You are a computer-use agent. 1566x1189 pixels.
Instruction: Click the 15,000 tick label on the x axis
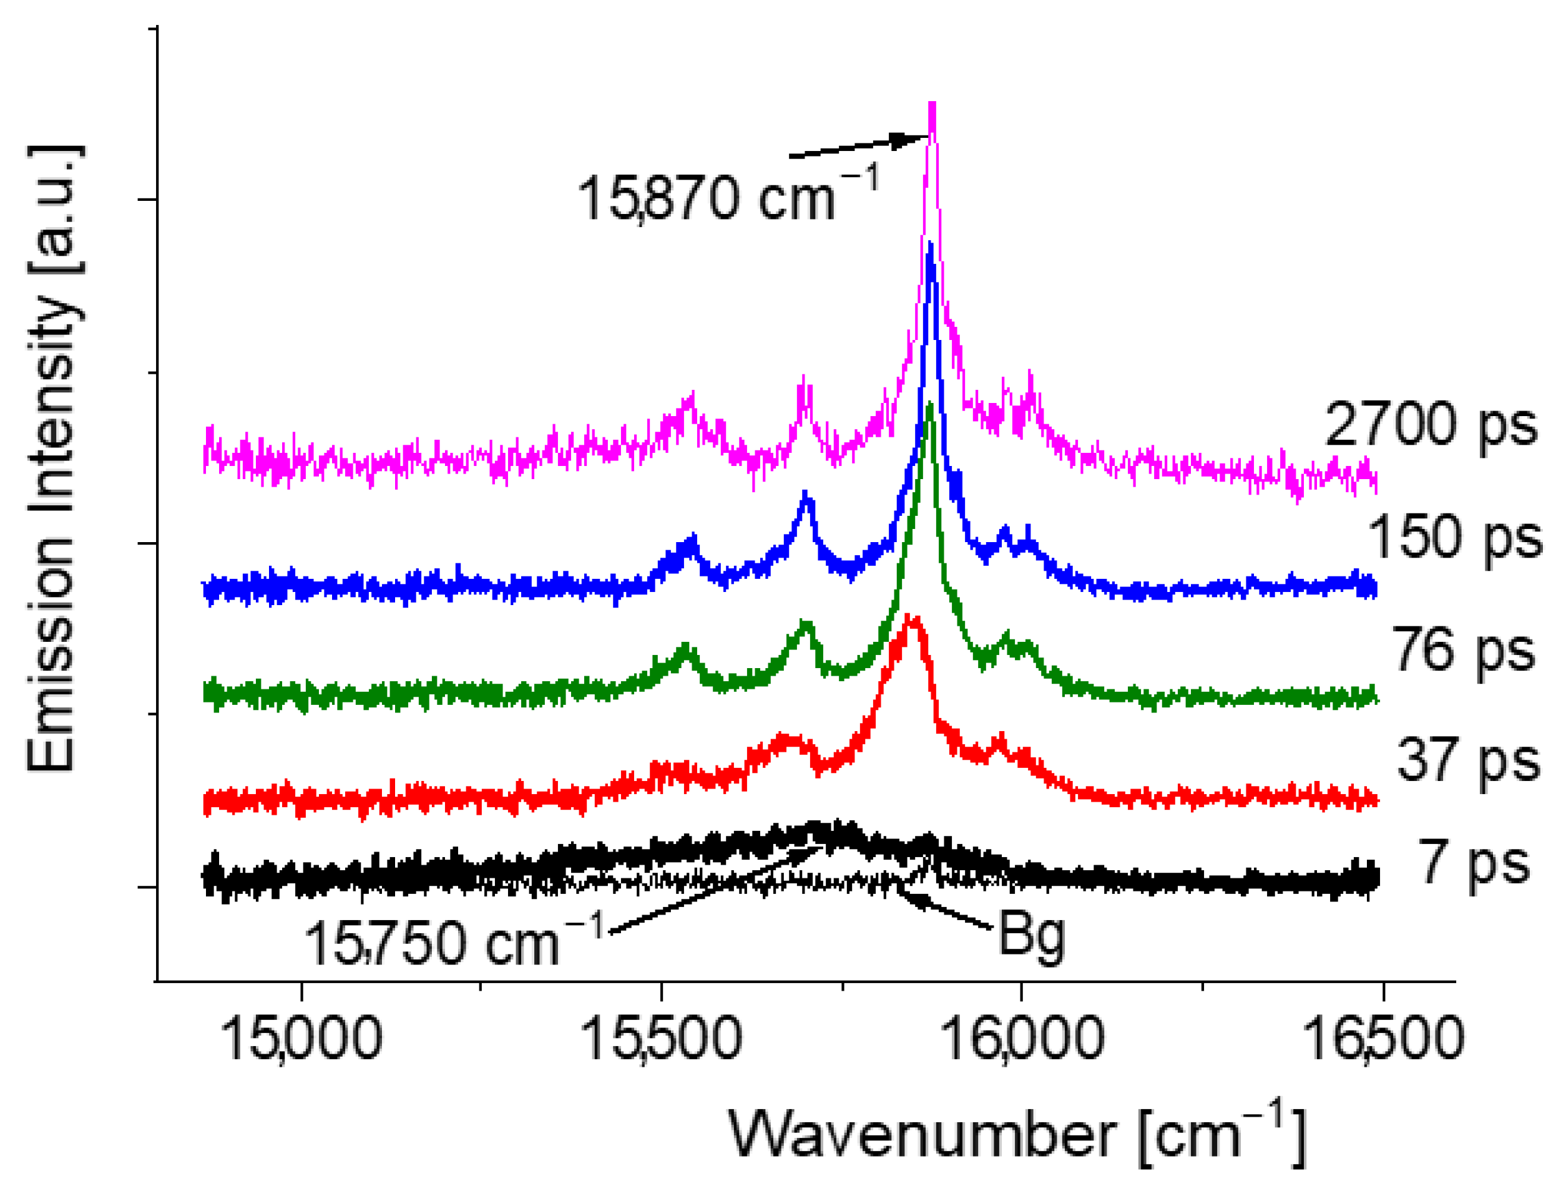click(301, 1038)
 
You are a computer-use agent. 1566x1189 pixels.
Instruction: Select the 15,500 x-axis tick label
click(661, 1038)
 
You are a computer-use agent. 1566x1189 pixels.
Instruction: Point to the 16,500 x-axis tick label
click(1382, 1038)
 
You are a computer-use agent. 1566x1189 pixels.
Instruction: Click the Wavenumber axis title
click(1017, 1135)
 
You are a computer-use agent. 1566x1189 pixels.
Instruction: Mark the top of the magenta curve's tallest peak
click(932, 105)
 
